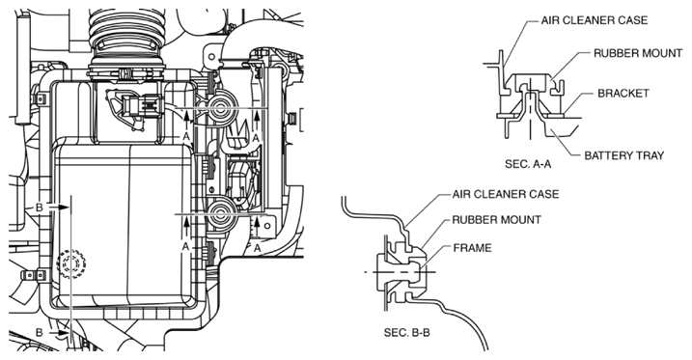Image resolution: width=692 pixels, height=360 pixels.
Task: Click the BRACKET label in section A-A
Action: [623, 94]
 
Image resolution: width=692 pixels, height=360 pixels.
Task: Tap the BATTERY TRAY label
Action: [624, 155]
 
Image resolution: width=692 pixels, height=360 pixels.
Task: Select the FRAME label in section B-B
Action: [472, 248]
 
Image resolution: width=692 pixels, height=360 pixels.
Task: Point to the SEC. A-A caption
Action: [528, 164]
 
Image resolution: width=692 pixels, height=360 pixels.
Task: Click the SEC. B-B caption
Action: [407, 332]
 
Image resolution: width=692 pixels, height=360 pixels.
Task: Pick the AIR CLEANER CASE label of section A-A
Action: [595, 20]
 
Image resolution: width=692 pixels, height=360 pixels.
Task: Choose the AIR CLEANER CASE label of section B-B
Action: [506, 194]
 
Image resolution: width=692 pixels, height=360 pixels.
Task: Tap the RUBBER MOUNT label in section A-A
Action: [638, 53]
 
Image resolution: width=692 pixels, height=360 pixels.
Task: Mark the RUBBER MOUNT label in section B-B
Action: [496, 220]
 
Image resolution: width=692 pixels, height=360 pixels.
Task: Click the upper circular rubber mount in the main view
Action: [219, 107]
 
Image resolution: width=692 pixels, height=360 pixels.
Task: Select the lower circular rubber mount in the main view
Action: [219, 215]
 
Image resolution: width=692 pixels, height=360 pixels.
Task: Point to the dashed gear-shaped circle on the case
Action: [70, 263]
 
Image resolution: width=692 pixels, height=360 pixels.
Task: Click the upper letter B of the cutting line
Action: [40, 207]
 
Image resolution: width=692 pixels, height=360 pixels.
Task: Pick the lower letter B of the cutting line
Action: [40, 332]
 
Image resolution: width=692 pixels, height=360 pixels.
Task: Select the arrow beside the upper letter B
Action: [59, 207]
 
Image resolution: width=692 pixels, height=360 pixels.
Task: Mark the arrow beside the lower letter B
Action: [59, 332]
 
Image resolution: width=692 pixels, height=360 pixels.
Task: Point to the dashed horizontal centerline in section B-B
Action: [401, 272]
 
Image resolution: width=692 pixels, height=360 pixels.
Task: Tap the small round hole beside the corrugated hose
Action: [211, 57]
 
